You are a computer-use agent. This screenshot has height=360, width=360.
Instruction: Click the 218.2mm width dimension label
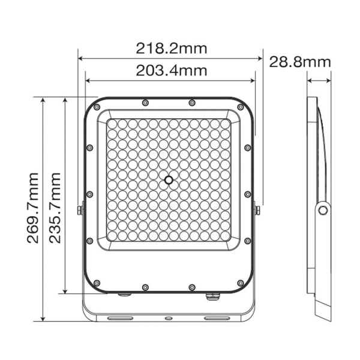[169, 47]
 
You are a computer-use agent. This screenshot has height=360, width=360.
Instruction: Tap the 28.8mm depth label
[300, 61]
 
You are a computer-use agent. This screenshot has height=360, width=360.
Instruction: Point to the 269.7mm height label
[33, 207]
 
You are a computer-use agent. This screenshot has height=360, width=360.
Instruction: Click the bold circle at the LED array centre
[169, 179]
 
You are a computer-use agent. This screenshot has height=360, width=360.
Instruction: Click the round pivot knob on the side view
[323, 209]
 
